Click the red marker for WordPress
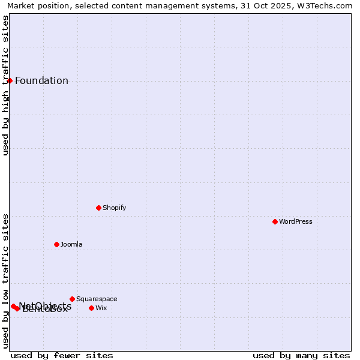click(275, 221)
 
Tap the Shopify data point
click(98, 208)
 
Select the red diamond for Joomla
click(56, 244)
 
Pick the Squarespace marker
click(72, 299)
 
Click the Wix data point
click(91, 308)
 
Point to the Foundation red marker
click(10, 80)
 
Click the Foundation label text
click(41, 81)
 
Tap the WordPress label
click(295, 221)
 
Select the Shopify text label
click(114, 208)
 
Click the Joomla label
click(71, 244)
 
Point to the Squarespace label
click(97, 299)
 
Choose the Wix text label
click(101, 308)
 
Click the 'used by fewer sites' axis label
click(62, 355)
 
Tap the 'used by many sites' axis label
click(301, 355)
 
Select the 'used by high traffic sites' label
click(6, 85)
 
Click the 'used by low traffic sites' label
click(6, 281)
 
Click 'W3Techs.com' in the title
click(326, 6)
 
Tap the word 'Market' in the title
click(21, 6)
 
